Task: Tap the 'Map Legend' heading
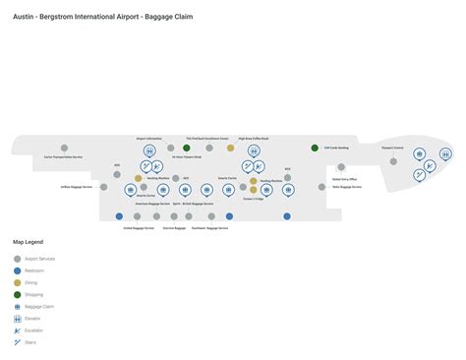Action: [28, 242]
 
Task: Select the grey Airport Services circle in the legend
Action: [17, 259]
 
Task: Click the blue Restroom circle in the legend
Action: [17, 270]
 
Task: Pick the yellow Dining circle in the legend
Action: [17, 282]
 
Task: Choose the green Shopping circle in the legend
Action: [17, 294]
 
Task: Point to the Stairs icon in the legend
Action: [17, 341]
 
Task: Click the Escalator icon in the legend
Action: [17, 330]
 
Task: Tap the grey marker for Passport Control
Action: [393, 161]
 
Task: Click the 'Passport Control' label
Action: [394, 147]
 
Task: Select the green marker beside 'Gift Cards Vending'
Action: [315, 148]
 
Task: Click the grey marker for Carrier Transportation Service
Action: [63, 148]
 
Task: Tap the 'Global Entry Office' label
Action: [346, 179]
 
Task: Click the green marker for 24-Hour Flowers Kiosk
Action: [187, 148]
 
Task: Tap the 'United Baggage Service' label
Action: [138, 227]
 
